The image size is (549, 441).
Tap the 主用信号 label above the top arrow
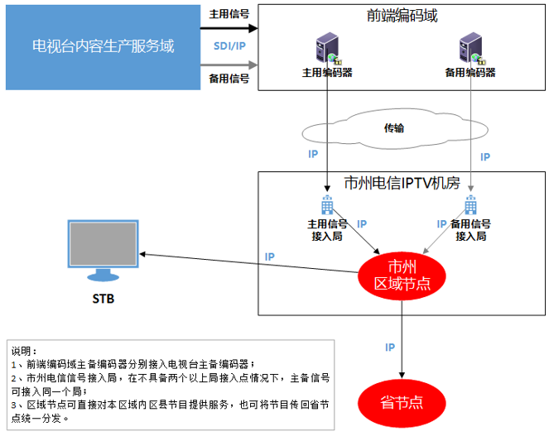coord(229,13)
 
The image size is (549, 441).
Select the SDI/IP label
coord(229,46)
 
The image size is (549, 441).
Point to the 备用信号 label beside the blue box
coord(229,79)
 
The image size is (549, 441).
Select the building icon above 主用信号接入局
coord(327,207)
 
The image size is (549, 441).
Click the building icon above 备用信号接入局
coord(470,207)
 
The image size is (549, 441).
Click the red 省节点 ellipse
coord(402,402)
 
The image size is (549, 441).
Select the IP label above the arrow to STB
coord(270,256)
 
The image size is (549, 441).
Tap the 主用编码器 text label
coord(327,73)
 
